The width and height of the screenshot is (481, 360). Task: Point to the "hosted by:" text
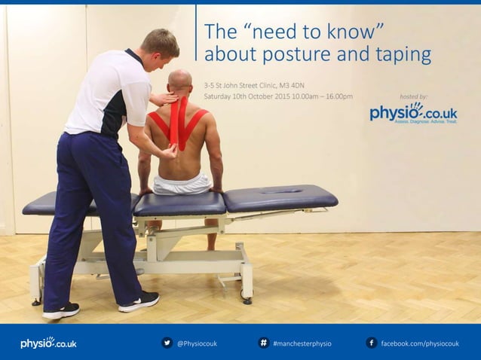tap(412, 96)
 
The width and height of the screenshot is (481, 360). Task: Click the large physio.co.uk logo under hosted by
tap(413, 113)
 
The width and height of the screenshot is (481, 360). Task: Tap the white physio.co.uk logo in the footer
tap(48, 343)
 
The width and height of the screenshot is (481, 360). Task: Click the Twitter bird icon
tap(167, 343)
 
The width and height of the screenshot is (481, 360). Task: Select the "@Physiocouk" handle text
tap(197, 343)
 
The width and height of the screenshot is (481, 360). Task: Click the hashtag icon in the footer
tap(264, 343)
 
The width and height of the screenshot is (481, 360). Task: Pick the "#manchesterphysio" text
tap(302, 343)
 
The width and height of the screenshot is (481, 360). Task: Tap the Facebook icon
tap(371, 343)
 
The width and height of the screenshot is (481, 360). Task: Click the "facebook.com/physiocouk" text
tap(420, 343)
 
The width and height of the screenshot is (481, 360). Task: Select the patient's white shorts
tap(182, 184)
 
